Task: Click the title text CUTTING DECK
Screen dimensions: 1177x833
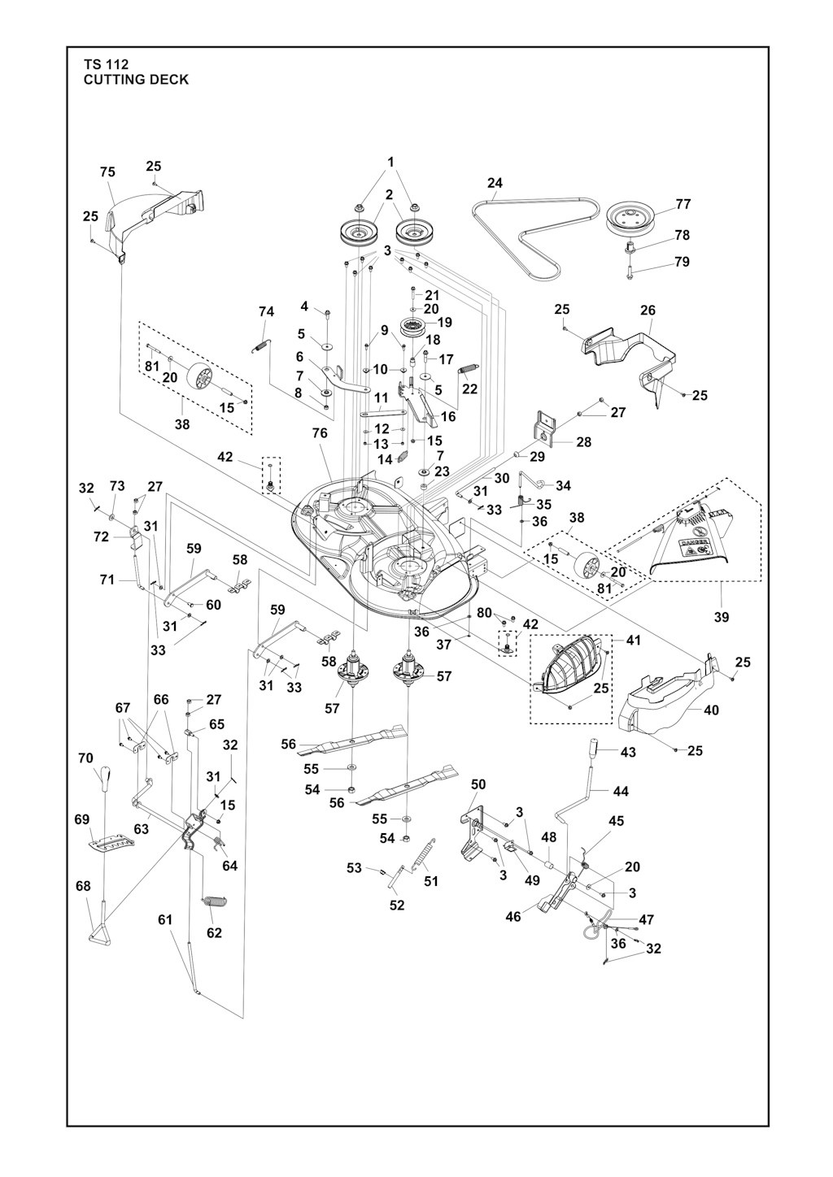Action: pyautogui.click(x=136, y=80)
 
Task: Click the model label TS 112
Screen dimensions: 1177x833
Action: pyautogui.click(x=106, y=64)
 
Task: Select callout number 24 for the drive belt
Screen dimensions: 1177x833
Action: pyautogui.click(x=495, y=184)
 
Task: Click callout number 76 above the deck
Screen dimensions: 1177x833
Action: pyautogui.click(x=320, y=433)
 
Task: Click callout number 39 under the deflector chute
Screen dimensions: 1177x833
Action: pyautogui.click(x=722, y=617)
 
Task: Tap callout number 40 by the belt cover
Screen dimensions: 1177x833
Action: pyautogui.click(x=711, y=710)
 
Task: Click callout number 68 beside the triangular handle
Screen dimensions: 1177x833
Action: pyautogui.click(x=83, y=886)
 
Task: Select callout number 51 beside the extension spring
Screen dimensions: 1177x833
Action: pyautogui.click(x=431, y=881)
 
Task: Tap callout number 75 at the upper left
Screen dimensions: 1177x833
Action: pyautogui.click(x=107, y=172)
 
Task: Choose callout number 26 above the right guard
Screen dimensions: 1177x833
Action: pyautogui.click(x=648, y=311)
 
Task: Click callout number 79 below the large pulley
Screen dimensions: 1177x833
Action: pyautogui.click(x=682, y=262)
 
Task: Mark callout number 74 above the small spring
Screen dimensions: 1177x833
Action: pyautogui.click(x=266, y=311)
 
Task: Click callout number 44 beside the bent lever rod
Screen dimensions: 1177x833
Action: pyautogui.click(x=620, y=791)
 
